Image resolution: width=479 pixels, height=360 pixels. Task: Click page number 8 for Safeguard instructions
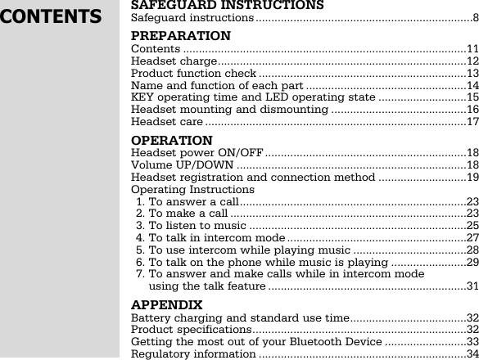point(475,18)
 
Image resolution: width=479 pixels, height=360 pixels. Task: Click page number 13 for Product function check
point(472,74)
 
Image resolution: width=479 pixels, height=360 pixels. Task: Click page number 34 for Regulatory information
point(472,353)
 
